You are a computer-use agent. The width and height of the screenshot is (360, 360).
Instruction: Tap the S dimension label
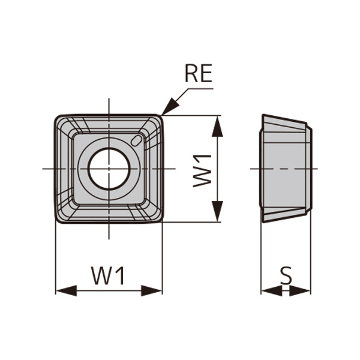tap(286, 275)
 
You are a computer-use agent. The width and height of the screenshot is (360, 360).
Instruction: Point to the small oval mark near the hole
tap(137, 140)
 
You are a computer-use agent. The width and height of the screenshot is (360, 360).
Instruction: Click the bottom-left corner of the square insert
tap(58, 220)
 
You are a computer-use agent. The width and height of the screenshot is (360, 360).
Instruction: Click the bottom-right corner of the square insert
tap(160, 220)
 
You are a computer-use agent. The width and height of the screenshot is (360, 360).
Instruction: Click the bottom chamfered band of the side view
tap(285, 214)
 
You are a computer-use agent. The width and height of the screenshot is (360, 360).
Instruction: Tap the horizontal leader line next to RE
tap(201, 89)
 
